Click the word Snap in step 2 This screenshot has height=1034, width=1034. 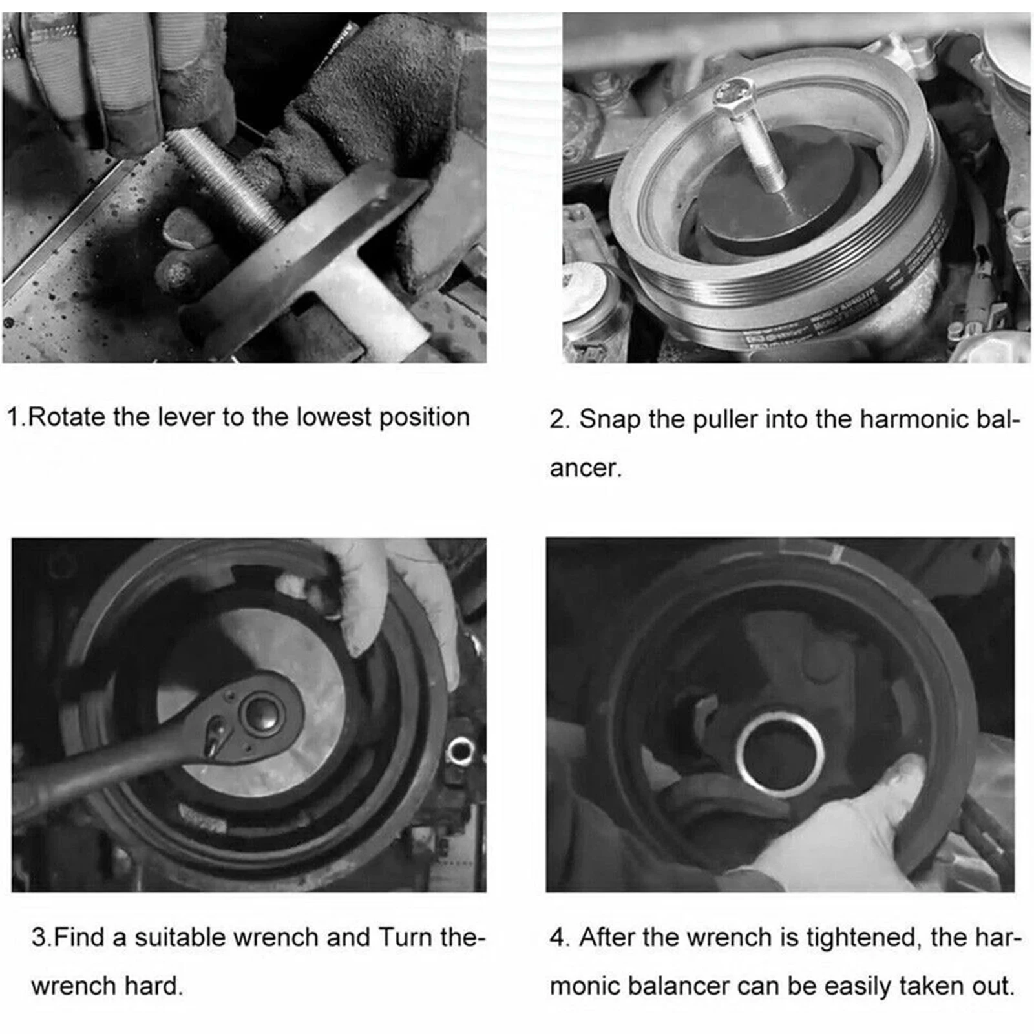coord(611,420)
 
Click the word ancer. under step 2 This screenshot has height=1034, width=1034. coord(586,469)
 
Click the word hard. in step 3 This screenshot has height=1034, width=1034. coord(154,986)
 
